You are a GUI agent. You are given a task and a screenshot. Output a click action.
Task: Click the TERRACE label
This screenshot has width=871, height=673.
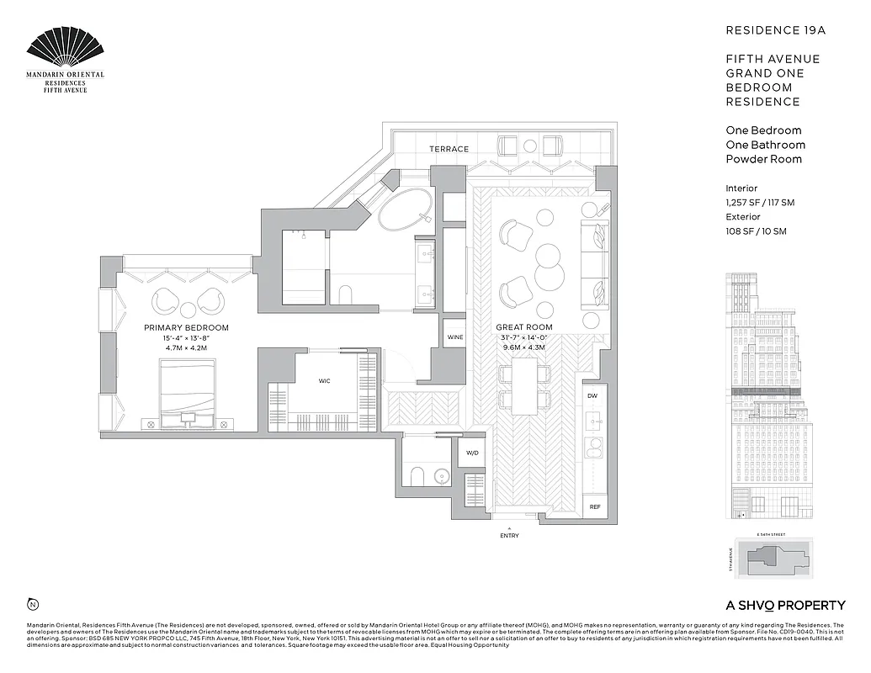click(449, 149)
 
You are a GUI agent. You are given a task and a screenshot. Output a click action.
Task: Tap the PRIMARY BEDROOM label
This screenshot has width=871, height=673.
click(186, 327)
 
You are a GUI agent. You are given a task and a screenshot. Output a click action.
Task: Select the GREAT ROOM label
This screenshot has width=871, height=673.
click(523, 327)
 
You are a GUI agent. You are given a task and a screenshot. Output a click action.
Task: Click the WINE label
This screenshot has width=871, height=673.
click(455, 337)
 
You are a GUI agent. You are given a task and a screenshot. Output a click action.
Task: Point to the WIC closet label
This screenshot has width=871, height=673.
click(324, 380)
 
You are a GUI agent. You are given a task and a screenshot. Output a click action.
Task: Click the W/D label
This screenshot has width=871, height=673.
click(471, 453)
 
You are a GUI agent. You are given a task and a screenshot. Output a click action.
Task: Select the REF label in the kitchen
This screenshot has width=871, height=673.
click(595, 506)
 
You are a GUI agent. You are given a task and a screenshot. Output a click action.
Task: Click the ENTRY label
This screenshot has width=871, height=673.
click(509, 536)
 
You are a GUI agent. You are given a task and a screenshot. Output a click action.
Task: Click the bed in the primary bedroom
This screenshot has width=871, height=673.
click(187, 388)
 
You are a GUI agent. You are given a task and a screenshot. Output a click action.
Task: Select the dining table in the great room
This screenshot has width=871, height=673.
click(525, 386)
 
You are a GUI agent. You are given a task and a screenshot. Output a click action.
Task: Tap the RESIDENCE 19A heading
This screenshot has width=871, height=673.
click(776, 30)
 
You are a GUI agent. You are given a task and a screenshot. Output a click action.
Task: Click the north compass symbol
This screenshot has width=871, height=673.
click(33, 603)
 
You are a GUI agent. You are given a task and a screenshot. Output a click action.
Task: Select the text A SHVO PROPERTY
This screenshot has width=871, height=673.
click(785, 605)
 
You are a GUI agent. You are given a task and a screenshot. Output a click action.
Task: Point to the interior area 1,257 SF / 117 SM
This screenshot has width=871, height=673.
click(760, 203)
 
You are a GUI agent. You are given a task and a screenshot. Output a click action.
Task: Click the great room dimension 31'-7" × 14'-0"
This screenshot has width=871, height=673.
click(523, 337)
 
